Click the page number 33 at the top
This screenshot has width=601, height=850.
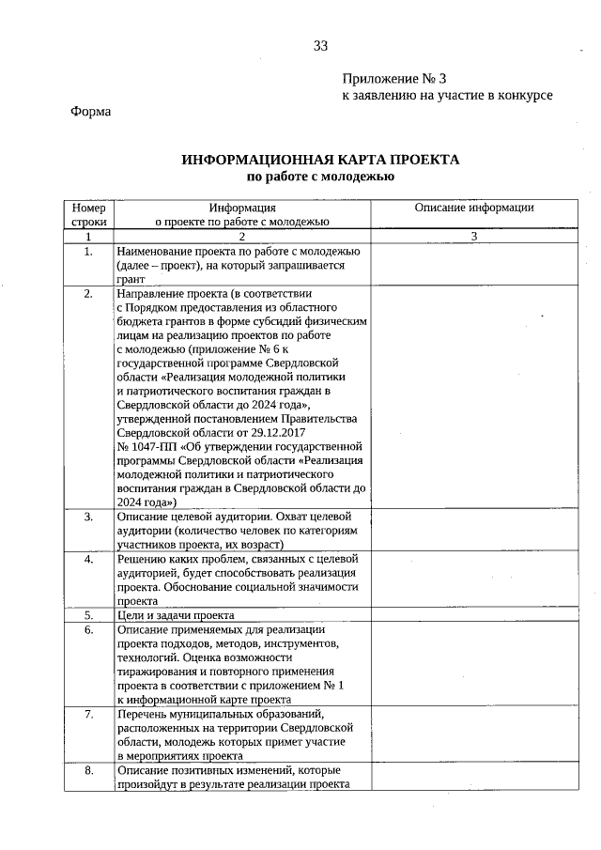click(321, 46)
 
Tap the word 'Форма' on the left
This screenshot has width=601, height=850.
click(91, 112)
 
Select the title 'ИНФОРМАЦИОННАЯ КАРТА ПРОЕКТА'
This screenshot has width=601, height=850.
click(320, 160)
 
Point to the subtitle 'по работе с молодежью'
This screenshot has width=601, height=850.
click(320, 176)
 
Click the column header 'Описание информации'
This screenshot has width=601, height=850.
click(474, 208)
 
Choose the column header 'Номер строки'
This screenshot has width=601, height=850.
click(88, 214)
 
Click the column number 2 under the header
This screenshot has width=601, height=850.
click(241, 237)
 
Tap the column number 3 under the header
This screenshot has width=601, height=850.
click(474, 237)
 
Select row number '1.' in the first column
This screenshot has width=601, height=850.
click(88, 252)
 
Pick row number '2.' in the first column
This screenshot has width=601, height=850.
click(88, 293)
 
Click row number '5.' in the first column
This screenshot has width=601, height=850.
click(88, 615)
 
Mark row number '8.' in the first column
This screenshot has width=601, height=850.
click(88, 771)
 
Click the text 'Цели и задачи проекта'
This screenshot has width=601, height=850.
click(175, 615)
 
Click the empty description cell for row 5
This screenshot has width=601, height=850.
click(474, 615)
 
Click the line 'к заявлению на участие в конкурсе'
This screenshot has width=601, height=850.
click(446, 95)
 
